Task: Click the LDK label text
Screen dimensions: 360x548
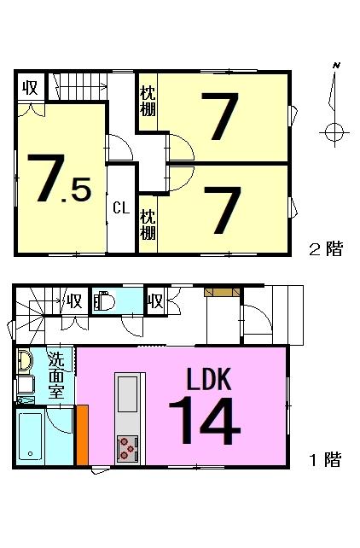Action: pos(209,379)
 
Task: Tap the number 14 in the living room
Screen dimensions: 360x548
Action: pos(205,421)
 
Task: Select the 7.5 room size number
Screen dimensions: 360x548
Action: pos(60,178)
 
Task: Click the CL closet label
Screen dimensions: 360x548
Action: pos(121,208)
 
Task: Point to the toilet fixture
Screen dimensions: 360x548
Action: pos(104,300)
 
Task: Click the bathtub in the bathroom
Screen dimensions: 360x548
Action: pos(31,436)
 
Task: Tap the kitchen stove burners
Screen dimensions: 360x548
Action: pos(127,449)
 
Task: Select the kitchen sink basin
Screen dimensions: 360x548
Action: pos(127,394)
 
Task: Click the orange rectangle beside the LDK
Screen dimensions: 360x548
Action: pos(83,435)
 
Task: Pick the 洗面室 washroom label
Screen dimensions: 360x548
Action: pos(56,375)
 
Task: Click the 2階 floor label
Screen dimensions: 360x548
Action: pos(326,249)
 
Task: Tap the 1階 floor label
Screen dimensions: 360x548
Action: pos(325,459)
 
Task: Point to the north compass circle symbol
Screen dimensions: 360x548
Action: pos(334,132)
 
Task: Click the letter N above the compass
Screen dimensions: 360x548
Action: pos(337,65)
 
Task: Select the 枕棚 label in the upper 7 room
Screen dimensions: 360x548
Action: pos(148,102)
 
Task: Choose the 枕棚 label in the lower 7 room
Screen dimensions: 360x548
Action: pos(148,224)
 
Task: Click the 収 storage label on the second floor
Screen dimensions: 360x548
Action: pos(31,87)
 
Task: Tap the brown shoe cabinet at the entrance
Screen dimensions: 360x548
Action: pos(222,292)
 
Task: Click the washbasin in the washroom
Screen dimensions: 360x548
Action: pos(25,360)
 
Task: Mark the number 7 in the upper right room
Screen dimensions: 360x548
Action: pos(220,116)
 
